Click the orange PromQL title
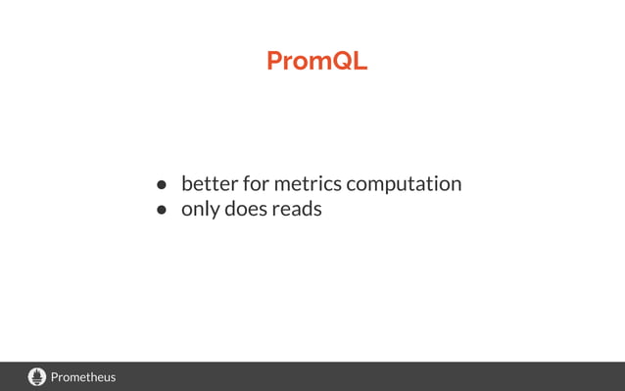316,61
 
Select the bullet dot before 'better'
164,184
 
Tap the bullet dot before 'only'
164,210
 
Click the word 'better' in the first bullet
210,183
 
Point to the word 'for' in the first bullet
255,183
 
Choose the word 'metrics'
308,183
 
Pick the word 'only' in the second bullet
200,209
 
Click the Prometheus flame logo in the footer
37,376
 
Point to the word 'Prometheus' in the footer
83,376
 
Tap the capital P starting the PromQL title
274,61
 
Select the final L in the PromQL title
361,61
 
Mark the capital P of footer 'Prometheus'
55,376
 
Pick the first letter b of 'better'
187,183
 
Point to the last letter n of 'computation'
456,184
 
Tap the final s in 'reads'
316,210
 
